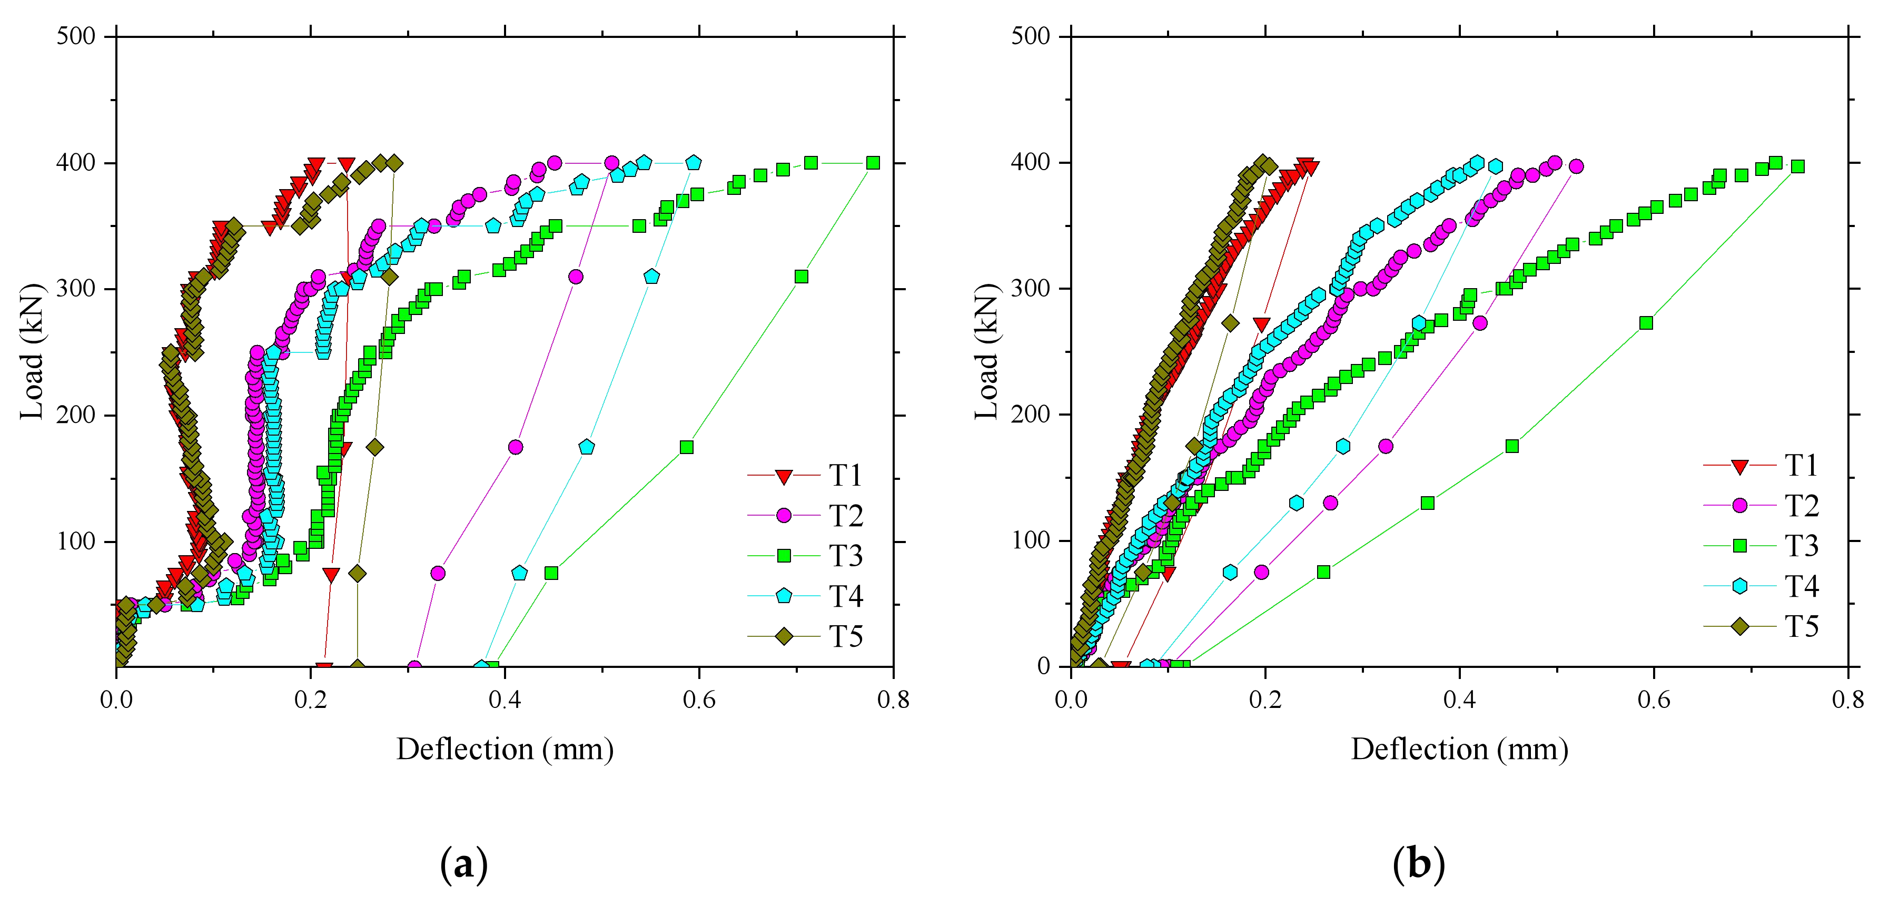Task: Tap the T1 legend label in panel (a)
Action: (x=845, y=476)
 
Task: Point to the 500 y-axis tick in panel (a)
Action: (x=76, y=36)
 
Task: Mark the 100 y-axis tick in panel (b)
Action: (x=1030, y=540)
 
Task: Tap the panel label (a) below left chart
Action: (x=464, y=864)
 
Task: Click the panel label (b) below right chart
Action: (x=1418, y=864)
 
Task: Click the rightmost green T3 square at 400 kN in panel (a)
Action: (x=873, y=163)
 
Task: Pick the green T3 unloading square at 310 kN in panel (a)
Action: (x=801, y=277)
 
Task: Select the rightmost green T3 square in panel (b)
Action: (x=1797, y=166)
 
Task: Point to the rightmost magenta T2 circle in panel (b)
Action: (x=1576, y=166)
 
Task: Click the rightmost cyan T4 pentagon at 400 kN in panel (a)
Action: (x=693, y=163)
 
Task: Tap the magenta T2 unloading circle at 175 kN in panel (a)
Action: (x=515, y=447)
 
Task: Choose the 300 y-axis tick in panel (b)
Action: (x=1030, y=289)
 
